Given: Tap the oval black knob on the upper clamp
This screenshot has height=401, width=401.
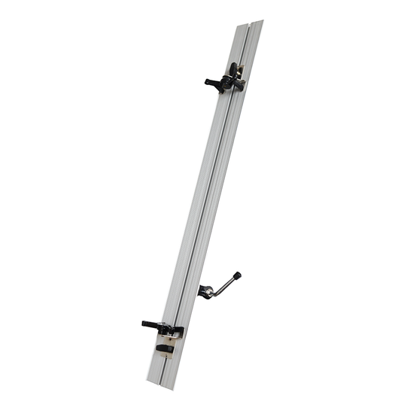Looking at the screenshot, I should point(233,71).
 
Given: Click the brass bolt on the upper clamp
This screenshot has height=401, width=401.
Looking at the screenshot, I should point(242,73).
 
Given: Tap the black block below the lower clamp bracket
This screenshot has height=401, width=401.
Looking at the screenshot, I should point(165,348).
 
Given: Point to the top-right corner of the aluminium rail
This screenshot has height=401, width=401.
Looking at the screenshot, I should point(263,20).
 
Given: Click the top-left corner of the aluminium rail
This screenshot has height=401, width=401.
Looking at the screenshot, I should point(234,23).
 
